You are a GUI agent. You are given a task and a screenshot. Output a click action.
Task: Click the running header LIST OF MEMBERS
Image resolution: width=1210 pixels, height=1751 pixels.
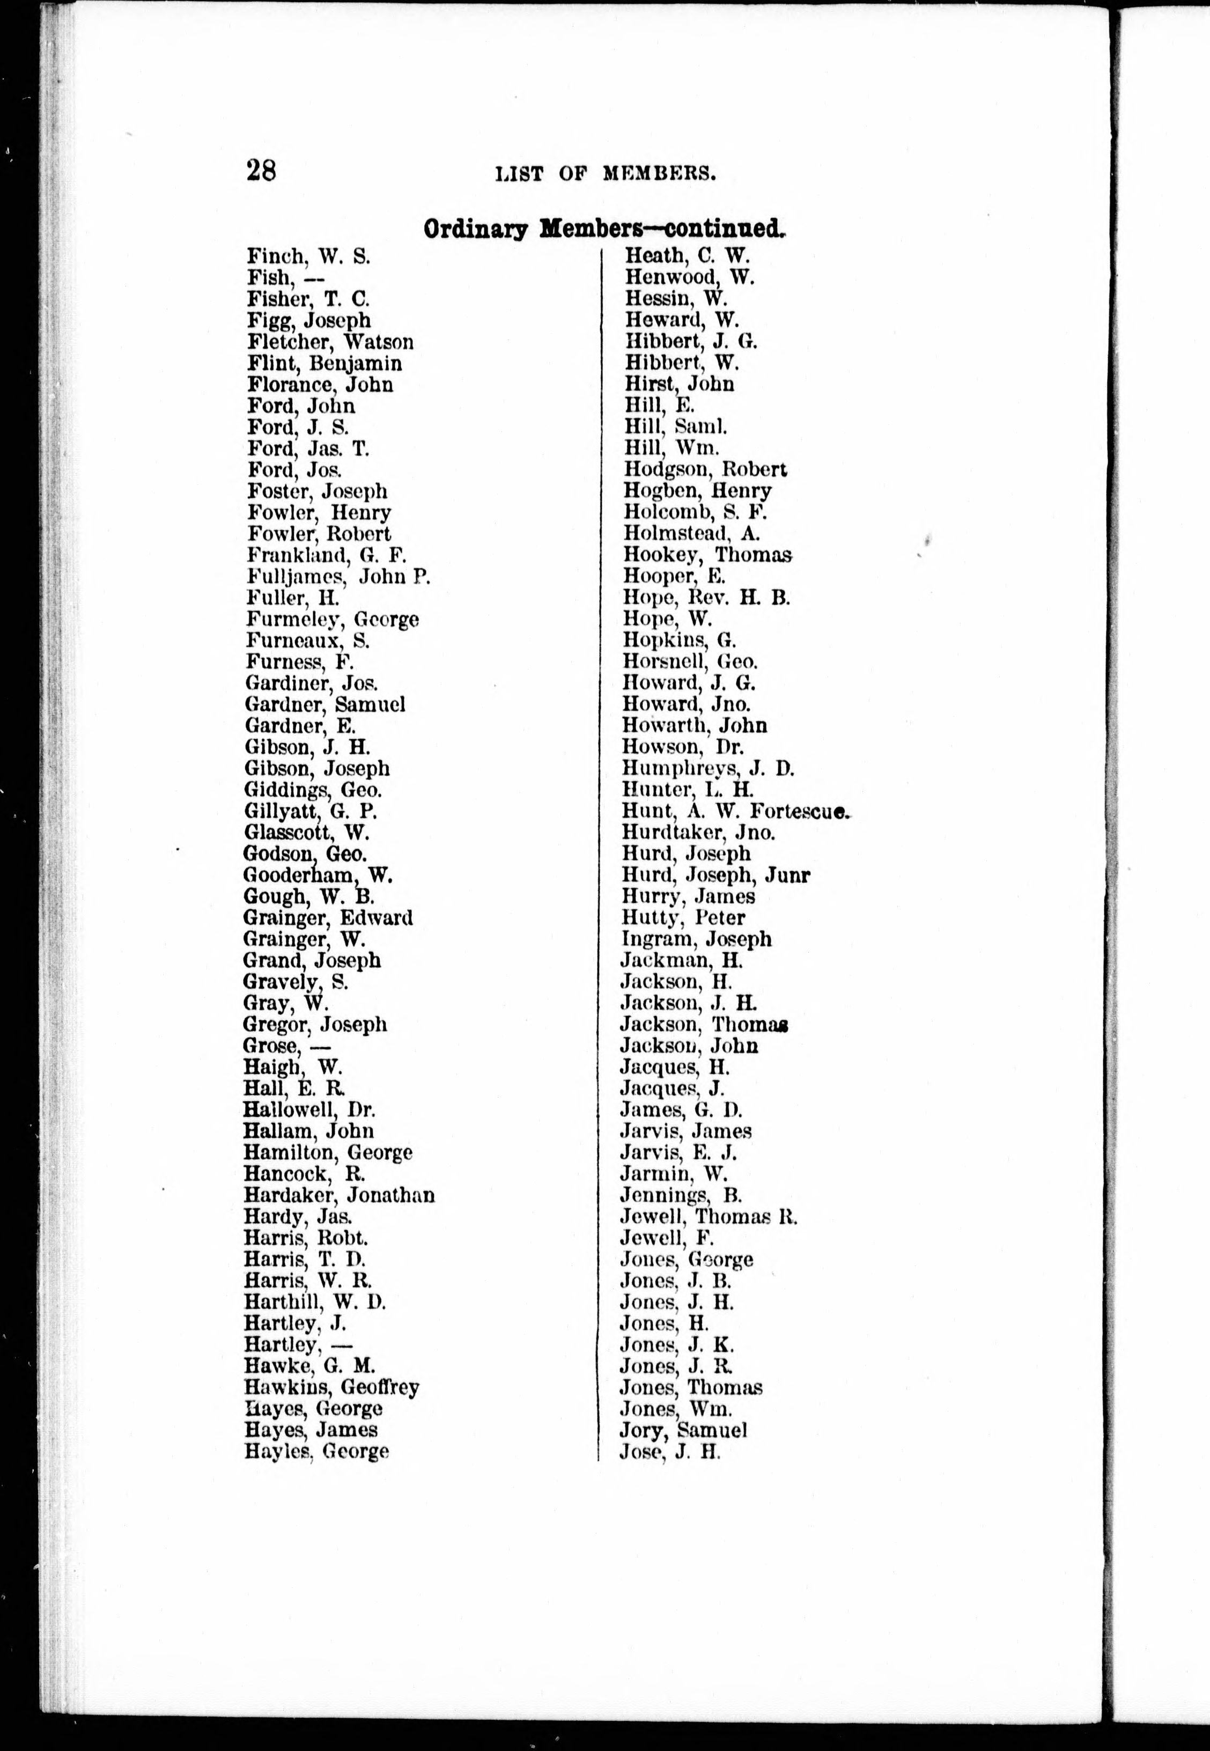pos(606,174)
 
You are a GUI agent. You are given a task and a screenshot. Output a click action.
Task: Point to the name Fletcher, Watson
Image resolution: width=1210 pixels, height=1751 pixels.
pos(330,342)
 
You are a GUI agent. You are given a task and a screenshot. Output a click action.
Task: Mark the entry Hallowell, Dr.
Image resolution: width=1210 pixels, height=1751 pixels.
pos(309,1109)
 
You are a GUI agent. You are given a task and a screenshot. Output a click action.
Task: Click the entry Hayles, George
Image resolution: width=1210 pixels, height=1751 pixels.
pos(316,1452)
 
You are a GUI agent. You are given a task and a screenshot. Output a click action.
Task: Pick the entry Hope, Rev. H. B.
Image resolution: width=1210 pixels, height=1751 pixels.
pos(706,598)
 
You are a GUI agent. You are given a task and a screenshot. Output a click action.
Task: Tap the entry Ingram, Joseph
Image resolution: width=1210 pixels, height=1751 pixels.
pos(696,939)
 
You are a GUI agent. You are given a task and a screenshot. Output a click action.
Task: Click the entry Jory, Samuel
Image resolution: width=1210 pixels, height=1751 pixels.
pos(683,1430)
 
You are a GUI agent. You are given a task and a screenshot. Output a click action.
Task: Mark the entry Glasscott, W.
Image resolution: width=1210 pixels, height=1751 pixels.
pos(306,833)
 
